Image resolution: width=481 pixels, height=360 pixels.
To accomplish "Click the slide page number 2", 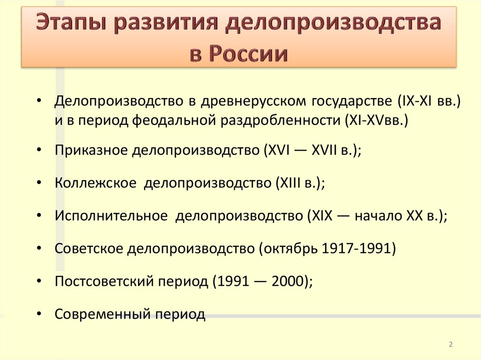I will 450,345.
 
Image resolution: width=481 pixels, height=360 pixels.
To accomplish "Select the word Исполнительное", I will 111,215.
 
